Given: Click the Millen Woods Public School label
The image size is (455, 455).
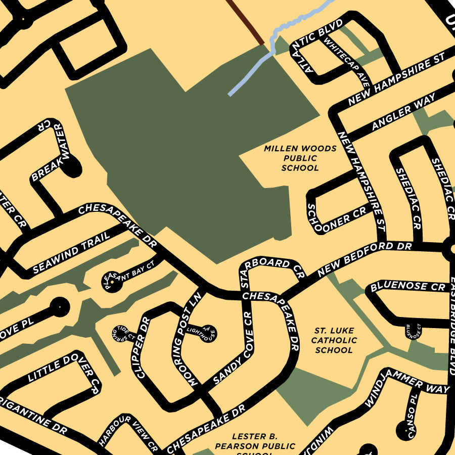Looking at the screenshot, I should tap(300, 158).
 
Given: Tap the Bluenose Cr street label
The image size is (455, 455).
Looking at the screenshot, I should tap(407, 286).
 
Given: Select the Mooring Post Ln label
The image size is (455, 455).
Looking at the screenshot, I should tap(188, 339).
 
